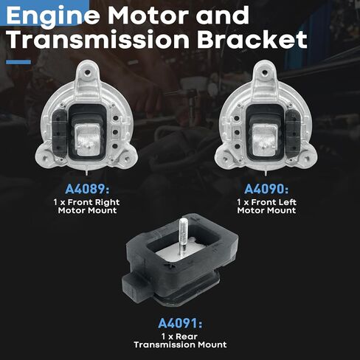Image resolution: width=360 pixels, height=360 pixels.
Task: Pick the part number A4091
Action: click(x=179, y=322)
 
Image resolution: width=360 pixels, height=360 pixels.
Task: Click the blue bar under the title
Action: click(x=18, y=62)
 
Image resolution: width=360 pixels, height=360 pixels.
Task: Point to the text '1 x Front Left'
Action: click(x=266, y=201)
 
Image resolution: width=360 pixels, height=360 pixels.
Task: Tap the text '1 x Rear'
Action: click(x=180, y=336)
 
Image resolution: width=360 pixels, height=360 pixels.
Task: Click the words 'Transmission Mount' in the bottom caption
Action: click(x=180, y=345)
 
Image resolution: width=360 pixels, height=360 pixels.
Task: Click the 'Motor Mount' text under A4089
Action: click(x=89, y=210)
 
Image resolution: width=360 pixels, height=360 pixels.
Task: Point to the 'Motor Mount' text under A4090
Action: click(x=266, y=210)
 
